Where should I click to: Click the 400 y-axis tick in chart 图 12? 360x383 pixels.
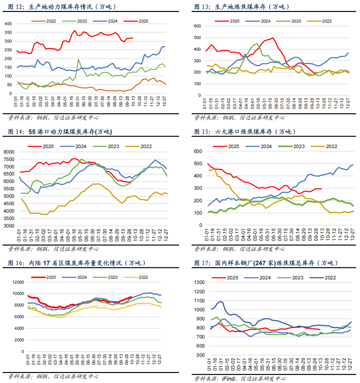(8, 24)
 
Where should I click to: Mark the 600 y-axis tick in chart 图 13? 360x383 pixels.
(197, 26)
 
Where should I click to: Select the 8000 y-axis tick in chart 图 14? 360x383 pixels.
(9, 152)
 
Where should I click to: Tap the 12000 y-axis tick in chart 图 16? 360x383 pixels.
(18, 282)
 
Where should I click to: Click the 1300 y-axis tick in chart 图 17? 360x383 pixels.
(199, 282)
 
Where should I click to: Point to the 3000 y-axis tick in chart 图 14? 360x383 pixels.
(9, 226)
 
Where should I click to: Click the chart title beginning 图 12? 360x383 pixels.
(62, 7)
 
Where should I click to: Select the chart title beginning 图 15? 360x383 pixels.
(245, 132)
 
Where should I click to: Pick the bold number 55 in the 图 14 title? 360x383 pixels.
(32, 132)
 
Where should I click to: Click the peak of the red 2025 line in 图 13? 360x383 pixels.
(273, 38)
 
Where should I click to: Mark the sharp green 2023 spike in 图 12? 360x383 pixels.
(78, 59)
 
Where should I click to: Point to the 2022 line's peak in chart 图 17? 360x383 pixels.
(220, 301)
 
